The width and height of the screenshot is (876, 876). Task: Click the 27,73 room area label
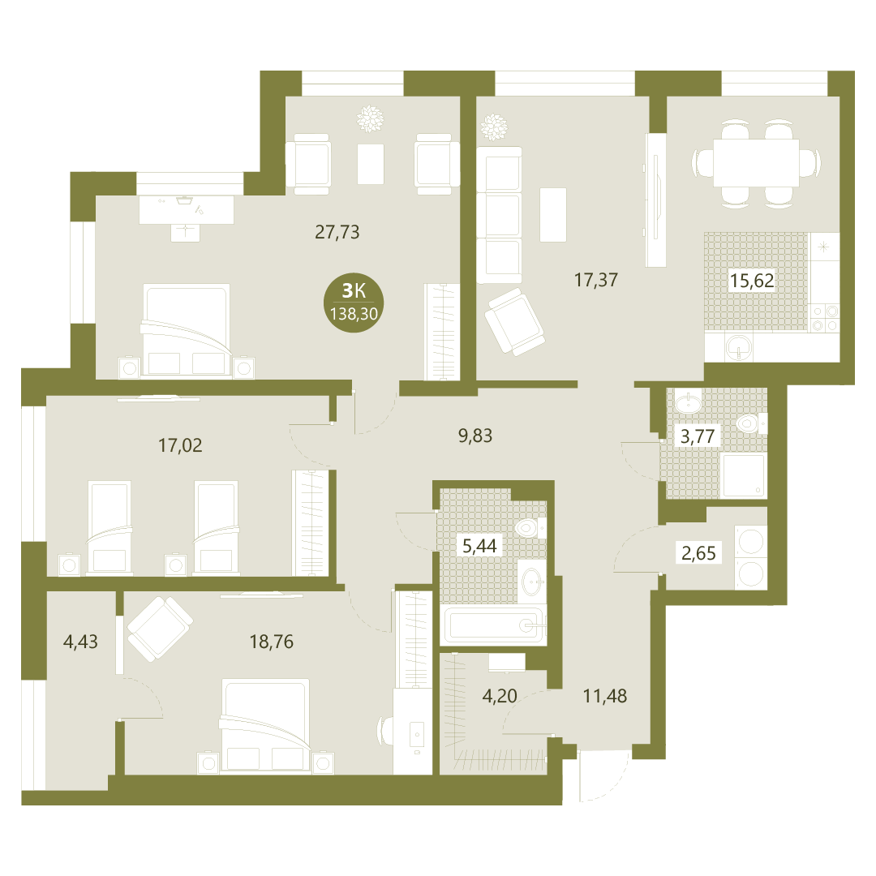click(337, 231)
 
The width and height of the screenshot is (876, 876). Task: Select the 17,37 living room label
click(596, 279)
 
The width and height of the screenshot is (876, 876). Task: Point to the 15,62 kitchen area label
click(752, 280)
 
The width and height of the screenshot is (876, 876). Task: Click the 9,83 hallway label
click(475, 436)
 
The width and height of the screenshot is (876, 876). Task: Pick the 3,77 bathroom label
click(698, 436)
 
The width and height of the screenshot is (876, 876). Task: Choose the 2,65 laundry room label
click(698, 553)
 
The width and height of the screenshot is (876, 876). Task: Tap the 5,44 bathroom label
click(479, 545)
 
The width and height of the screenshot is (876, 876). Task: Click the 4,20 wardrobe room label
click(500, 696)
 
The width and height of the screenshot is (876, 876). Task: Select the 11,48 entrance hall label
click(605, 696)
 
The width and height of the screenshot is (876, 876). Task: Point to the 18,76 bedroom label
click(272, 642)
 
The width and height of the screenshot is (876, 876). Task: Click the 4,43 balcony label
click(80, 642)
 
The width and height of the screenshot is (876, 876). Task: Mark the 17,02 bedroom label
click(180, 445)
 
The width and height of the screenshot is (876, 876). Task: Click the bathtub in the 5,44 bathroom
click(495, 625)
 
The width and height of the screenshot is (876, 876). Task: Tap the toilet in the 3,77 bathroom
click(751, 424)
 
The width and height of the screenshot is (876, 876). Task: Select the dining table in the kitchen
click(757, 163)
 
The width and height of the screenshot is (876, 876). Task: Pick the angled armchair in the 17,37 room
click(514, 321)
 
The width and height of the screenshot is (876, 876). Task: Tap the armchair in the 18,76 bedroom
click(161, 629)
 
